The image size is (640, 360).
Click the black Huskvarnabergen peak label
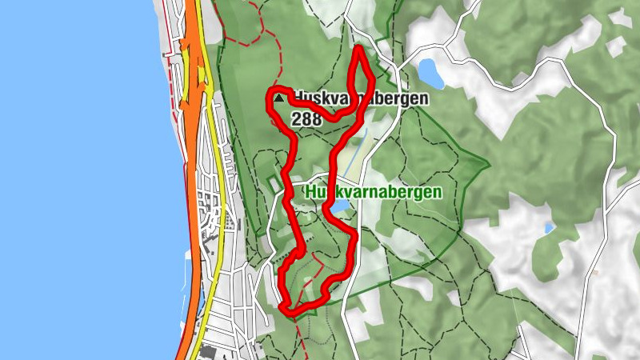(x=360, y=98)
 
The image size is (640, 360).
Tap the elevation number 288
(x=306, y=119)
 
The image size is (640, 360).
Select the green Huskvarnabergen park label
(x=373, y=193)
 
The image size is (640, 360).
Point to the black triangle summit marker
(x=278, y=98)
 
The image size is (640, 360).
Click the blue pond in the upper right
(x=431, y=73)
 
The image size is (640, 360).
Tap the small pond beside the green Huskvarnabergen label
(x=340, y=207)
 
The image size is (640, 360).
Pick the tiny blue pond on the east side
(x=549, y=228)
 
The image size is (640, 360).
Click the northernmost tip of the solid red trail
(x=358, y=50)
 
